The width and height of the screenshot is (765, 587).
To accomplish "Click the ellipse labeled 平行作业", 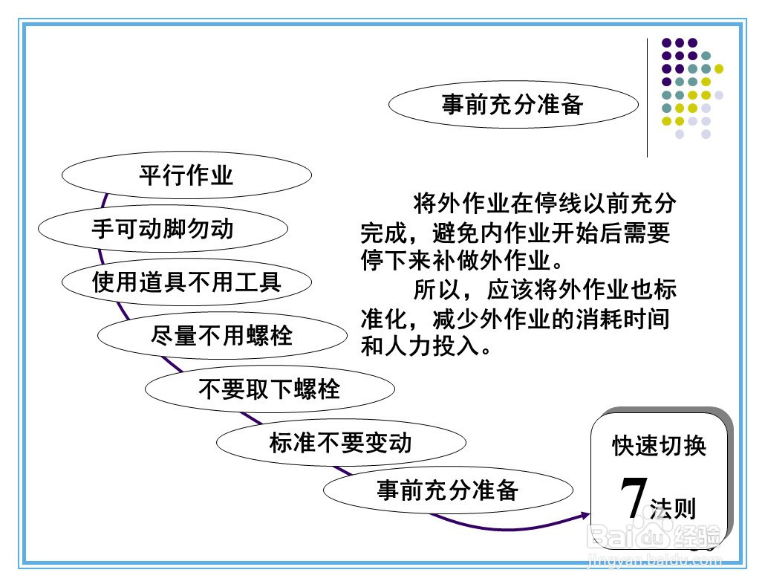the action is pyautogui.click(x=186, y=175).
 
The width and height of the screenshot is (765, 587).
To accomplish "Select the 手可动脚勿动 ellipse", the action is pyautogui.click(x=163, y=228).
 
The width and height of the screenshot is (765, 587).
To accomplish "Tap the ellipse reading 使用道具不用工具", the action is pyautogui.click(x=186, y=282).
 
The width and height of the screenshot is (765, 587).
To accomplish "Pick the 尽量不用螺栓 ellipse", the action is pyautogui.click(x=222, y=335).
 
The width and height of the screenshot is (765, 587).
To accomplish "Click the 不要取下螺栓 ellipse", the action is pyautogui.click(x=269, y=389).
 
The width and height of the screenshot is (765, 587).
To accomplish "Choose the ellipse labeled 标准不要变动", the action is pyautogui.click(x=341, y=443).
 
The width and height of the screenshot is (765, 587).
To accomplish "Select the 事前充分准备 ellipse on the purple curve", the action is pyautogui.click(x=448, y=490).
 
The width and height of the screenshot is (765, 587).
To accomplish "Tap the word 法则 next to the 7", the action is pyautogui.click(x=674, y=509).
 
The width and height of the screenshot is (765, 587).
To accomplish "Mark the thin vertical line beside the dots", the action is pyautogui.click(x=647, y=97).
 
